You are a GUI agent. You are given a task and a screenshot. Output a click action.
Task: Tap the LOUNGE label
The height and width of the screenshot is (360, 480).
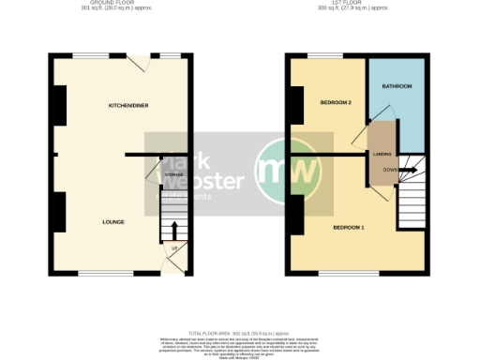tap(114, 222)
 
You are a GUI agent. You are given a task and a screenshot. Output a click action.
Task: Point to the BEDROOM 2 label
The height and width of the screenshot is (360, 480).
tap(335, 101)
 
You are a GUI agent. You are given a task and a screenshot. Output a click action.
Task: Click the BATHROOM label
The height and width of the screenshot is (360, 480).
tap(397, 86)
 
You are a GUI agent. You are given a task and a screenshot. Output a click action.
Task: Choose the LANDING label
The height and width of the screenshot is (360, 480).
tap(382, 154)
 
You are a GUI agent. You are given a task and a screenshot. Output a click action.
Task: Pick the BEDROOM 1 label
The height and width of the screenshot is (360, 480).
tap(349, 228)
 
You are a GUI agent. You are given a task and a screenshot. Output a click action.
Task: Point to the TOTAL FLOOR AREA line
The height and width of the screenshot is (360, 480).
tap(240, 307)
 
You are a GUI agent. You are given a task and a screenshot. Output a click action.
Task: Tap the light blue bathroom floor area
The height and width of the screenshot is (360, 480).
tap(397, 112)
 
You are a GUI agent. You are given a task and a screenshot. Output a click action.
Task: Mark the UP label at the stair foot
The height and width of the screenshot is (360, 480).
tap(174, 248)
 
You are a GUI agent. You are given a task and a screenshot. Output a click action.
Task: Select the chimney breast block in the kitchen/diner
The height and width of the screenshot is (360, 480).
tap(59, 105)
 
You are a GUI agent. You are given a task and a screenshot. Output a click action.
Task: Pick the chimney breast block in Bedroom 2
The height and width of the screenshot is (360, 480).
tap(295, 105)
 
